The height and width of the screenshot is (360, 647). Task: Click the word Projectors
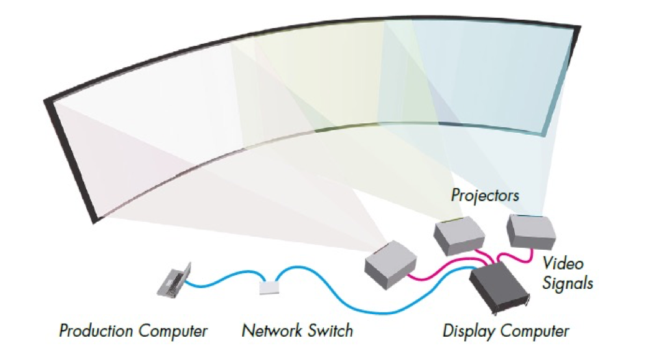[x=485, y=195]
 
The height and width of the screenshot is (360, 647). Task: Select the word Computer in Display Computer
[x=536, y=332]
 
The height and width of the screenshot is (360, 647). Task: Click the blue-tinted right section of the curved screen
[x=479, y=75]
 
